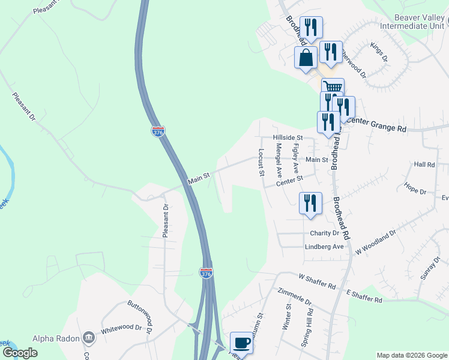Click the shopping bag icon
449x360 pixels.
click(x=306, y=58)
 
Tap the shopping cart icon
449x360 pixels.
click(x=333, y=88)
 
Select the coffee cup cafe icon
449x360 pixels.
click(x=241, y=343)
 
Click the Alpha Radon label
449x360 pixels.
click(x=56, y=338)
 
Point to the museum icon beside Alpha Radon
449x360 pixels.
click(x=89, y=338)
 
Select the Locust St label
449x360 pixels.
click(x=262, y=163)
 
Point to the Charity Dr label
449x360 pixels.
click(x=325, y=233)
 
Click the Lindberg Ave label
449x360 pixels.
click(x=324, y=246)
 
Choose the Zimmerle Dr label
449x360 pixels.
click(x=295, y=296)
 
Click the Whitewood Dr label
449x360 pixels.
click(x=121, y=329)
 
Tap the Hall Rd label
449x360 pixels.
click(x=424, y=164)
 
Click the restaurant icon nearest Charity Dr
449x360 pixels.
click(x=310, y=203)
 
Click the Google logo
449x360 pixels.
click(x=20, y=353)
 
